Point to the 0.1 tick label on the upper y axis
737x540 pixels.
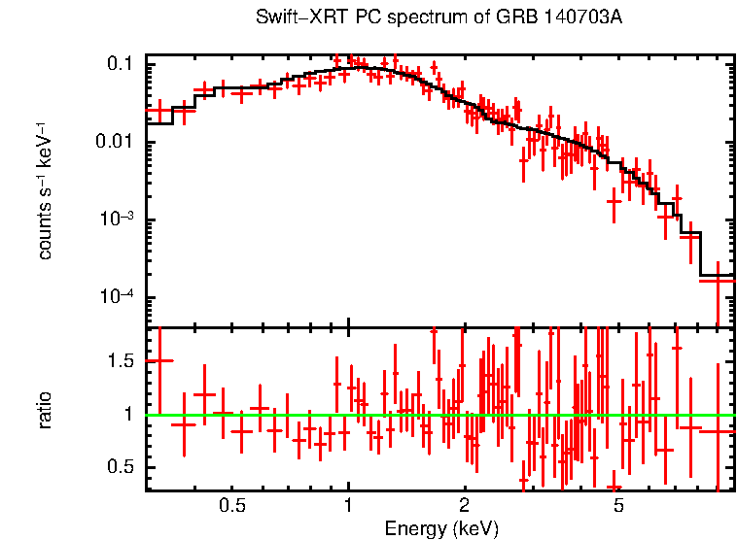point(120,65)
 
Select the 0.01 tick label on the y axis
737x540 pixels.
point(115,143)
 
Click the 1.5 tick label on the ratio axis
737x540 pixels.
point(120,361)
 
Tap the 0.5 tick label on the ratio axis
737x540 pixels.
point(120,467)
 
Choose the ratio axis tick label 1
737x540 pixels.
point(129,415)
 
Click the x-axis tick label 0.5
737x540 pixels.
point(231,506)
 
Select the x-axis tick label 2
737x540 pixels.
point(465,506)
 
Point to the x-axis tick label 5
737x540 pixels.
point(618,506)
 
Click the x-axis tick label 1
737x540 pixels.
point(348,506)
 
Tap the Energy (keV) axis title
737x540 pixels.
point(441,528)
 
